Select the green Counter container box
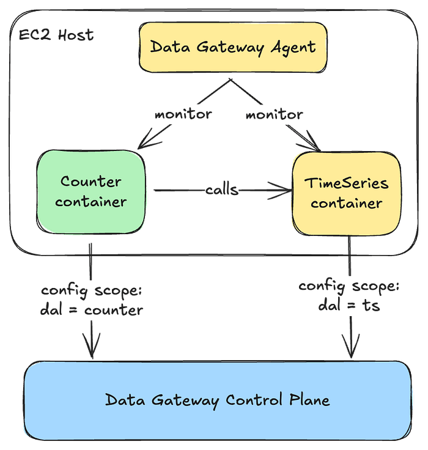91,191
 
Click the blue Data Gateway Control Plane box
217,400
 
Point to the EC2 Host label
56,35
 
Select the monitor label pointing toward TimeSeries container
274,114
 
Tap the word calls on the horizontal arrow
222,190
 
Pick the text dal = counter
92,309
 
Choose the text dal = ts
349,304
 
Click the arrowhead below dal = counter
92,352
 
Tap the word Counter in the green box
91,182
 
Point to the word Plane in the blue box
308,400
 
